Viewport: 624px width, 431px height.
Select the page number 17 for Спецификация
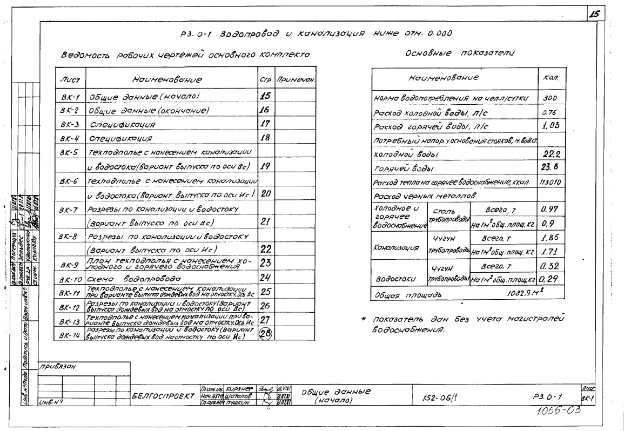[265, 124]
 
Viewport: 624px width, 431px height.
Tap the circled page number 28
[265, 334]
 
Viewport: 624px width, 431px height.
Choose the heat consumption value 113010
[550, 182]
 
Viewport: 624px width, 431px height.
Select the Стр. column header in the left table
[265, 80]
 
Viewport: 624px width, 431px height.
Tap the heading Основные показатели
[459, 53]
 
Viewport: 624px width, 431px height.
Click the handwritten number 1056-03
[560, 410]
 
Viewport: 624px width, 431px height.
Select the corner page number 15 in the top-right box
[594, 15]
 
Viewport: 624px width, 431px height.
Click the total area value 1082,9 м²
[525, 295]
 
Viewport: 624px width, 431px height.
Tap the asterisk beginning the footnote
[364, 319]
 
